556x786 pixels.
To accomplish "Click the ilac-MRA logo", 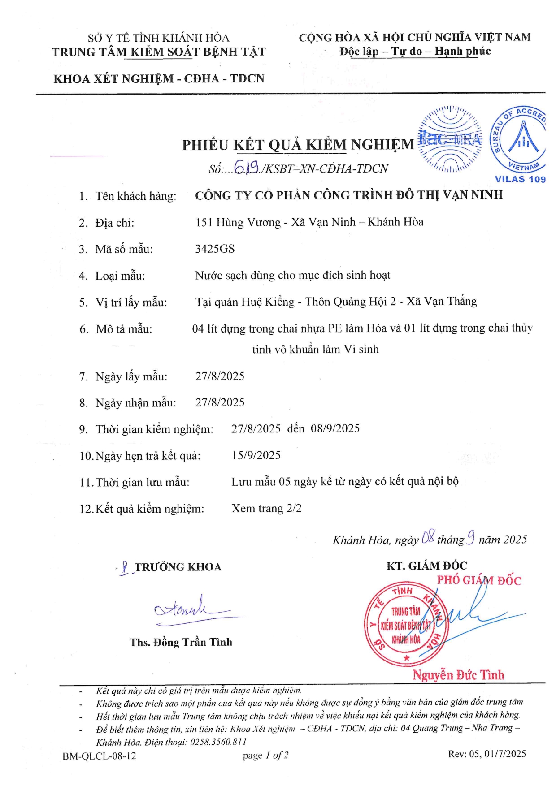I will (x=450, y=139).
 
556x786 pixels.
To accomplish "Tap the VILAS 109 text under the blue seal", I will (x=520, y=179).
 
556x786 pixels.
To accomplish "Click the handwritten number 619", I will (x=247, y=168).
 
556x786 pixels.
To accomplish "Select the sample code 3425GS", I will (x=215, y=249).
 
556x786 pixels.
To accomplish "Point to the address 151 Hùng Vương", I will (x=238, y=222).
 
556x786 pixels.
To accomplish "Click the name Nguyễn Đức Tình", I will (x=458, y=675).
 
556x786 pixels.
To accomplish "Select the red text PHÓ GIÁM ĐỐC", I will (x=479, y=580).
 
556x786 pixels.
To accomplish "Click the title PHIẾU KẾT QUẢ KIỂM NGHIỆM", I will (x=298, y=145).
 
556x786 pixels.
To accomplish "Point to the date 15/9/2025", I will (x=256, y=455).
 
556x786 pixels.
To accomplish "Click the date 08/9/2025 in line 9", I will (x=335, y=428).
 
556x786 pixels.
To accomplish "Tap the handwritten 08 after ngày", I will (x=428, y=537).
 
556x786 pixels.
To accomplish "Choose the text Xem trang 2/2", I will (x=266, y=508).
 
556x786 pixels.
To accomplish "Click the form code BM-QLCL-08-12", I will (x=99, y=756).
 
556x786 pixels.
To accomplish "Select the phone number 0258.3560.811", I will (x=218, y=742).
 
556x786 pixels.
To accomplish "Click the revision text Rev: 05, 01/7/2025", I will (x=487, y=754).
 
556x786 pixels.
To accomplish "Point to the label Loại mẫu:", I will (x=120, y=276).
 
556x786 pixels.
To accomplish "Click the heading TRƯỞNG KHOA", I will (x=178, y=567).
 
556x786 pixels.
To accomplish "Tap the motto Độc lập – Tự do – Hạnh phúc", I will (x=415, y=51).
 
